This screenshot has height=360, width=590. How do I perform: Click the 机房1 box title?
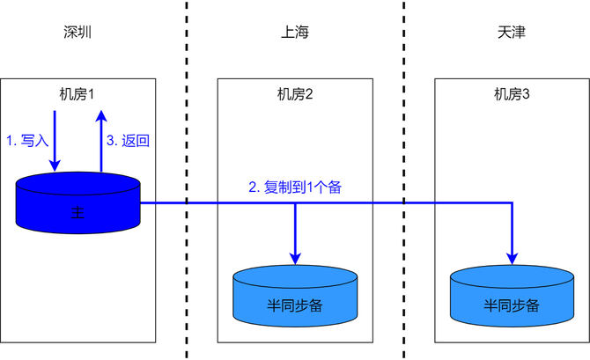click(x=78, y=94)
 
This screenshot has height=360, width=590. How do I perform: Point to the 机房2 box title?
click(x=295, y=94)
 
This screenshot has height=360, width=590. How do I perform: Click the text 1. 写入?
click(x=27, y=140)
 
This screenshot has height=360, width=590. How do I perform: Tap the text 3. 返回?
click(x=129, y=140)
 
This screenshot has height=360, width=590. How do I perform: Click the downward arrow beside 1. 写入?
click(x=55, y=141)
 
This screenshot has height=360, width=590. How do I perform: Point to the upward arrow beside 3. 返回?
click(x=101, y=141)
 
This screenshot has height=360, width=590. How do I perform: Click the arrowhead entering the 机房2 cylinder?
click(x=295, y=257)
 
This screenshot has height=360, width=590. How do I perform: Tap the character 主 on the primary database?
click(x=78, y=214)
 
